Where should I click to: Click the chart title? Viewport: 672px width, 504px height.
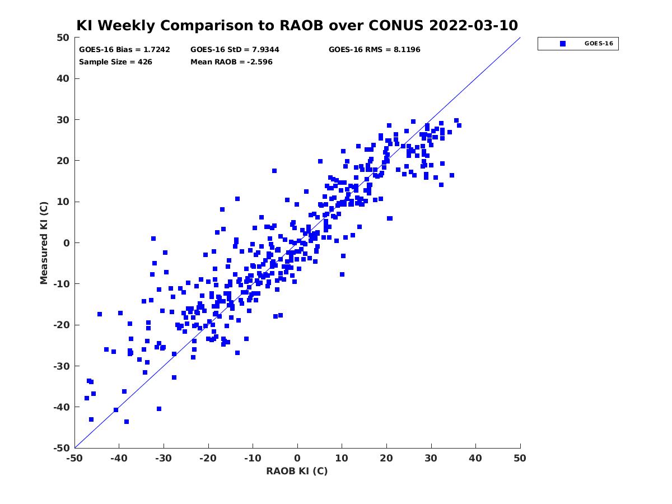coord(297,25)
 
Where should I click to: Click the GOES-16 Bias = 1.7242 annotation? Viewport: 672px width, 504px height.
coord(124,50)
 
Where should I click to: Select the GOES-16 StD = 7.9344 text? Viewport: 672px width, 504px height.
coord(235,50)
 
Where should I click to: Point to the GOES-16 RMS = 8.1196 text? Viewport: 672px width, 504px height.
coord(374,50)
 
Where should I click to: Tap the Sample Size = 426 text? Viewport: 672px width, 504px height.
coord(115,62)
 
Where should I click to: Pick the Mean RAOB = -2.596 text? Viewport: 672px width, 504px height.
coord(231,62)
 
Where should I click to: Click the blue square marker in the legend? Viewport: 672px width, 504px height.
coord(562,44)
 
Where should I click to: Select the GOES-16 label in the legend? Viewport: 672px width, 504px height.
coord(599,44)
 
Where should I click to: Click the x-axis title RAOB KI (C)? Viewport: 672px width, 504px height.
coord(297,471)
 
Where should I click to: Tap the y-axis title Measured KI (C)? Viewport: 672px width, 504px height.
coord(44,242)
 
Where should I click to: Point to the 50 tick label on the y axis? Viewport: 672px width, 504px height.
coord(63,38)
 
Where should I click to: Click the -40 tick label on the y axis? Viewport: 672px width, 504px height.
coord(62,407)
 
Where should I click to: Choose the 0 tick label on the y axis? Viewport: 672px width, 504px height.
coord(67,243)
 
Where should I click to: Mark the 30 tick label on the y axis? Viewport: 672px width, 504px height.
coord(63,120)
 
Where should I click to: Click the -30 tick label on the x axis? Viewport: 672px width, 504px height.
coord(164,458)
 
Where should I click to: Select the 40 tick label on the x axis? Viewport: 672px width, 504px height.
coord(475,458)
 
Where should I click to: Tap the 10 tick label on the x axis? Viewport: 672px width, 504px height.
coord(342,458)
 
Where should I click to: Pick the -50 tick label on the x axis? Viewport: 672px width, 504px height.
coord(74,458)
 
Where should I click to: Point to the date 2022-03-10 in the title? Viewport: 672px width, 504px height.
coord(473,25)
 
